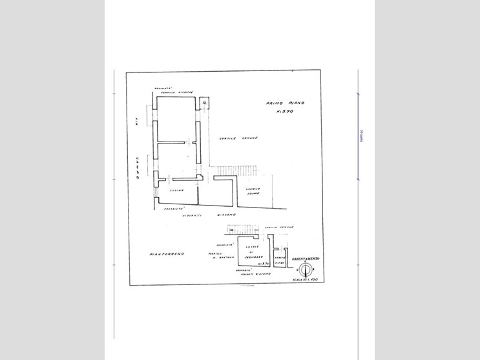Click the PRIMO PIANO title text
284,103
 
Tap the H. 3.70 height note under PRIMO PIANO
285,112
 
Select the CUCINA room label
177,190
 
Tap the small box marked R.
204,103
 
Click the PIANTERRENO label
167,254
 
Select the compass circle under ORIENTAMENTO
307,270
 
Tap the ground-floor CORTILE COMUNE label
279,228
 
